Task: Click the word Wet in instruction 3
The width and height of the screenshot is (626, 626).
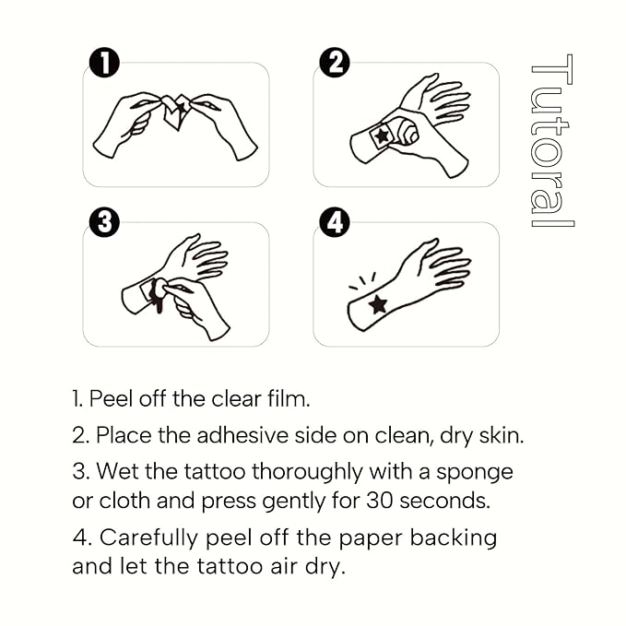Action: pyautogui.click(x=116, y=472)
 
